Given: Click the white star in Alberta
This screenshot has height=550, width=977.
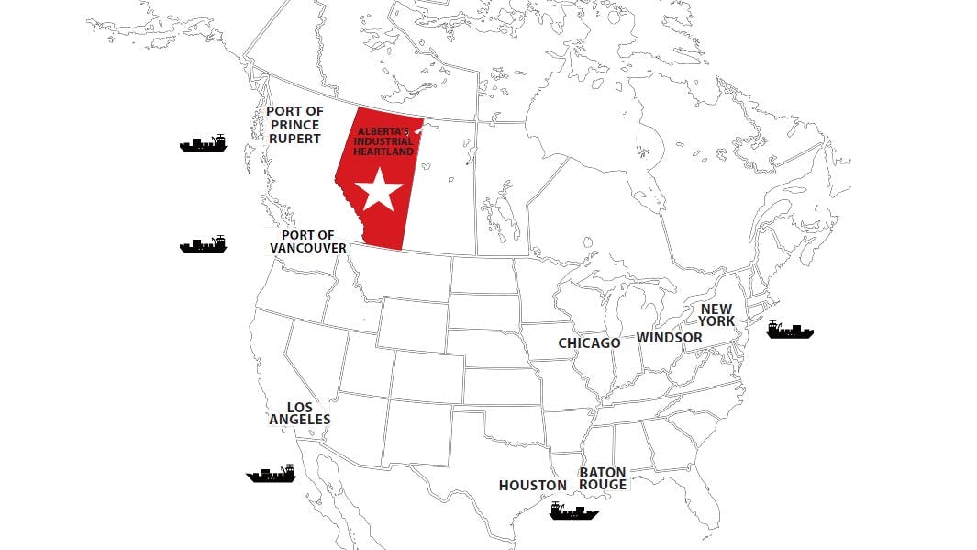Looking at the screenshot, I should (x=379, y=192).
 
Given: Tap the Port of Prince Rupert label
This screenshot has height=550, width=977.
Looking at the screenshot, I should (x=294, y=125).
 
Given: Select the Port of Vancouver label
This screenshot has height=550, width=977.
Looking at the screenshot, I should (x=308, y=241).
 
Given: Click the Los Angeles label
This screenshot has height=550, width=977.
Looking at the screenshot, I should (x=300, y=413).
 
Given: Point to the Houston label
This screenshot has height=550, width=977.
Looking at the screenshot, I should (x=533, y=485).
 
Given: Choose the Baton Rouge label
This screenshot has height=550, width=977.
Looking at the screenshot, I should (x=603, y=478).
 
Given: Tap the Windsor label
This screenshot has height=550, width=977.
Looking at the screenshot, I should (x=670, y=338).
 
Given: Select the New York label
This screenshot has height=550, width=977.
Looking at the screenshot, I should (x=716, y=315).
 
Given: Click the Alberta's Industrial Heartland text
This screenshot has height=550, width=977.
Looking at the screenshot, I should (x=384, y=141).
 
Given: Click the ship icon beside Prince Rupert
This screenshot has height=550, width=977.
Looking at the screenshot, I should (x=203, y=143).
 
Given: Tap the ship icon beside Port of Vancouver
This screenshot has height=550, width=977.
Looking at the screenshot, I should (x=203, y=244).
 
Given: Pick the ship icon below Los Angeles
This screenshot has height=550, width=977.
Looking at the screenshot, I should (x=271, y=473).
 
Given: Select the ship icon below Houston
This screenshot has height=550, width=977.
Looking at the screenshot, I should (x=574, y=511).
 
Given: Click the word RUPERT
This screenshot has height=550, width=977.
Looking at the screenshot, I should (x=294, y=139).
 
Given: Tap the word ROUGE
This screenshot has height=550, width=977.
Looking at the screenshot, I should (x=603, y=485).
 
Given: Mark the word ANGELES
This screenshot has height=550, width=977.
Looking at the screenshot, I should (x=300, y=420).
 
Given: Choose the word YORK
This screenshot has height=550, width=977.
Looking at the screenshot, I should (x=716, y=321).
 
